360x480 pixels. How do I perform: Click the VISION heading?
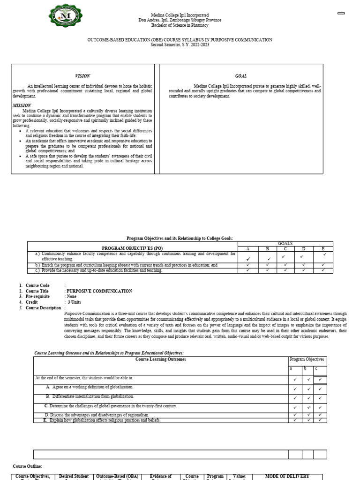[82, 76]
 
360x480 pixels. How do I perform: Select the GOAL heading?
[241, 76]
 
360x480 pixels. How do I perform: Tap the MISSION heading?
[22, 105]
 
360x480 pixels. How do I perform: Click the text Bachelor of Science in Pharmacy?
[180, 25]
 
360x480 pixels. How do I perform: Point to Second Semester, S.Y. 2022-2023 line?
[180, 45]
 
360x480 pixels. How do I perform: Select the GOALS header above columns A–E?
[285, 244]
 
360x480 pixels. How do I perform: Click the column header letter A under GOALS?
[248, 248]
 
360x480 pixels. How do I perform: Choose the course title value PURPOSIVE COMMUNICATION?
[99, 291]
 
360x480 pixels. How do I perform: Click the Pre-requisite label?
[38, 297]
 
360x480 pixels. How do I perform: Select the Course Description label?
[43, 308]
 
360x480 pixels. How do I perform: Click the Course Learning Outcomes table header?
[160, 360]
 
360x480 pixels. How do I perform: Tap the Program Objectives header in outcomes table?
[307, 360]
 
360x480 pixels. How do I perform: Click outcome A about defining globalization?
[90, 387]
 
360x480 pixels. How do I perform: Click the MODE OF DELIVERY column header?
[287, 476]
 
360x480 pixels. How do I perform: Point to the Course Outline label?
[27, 466]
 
